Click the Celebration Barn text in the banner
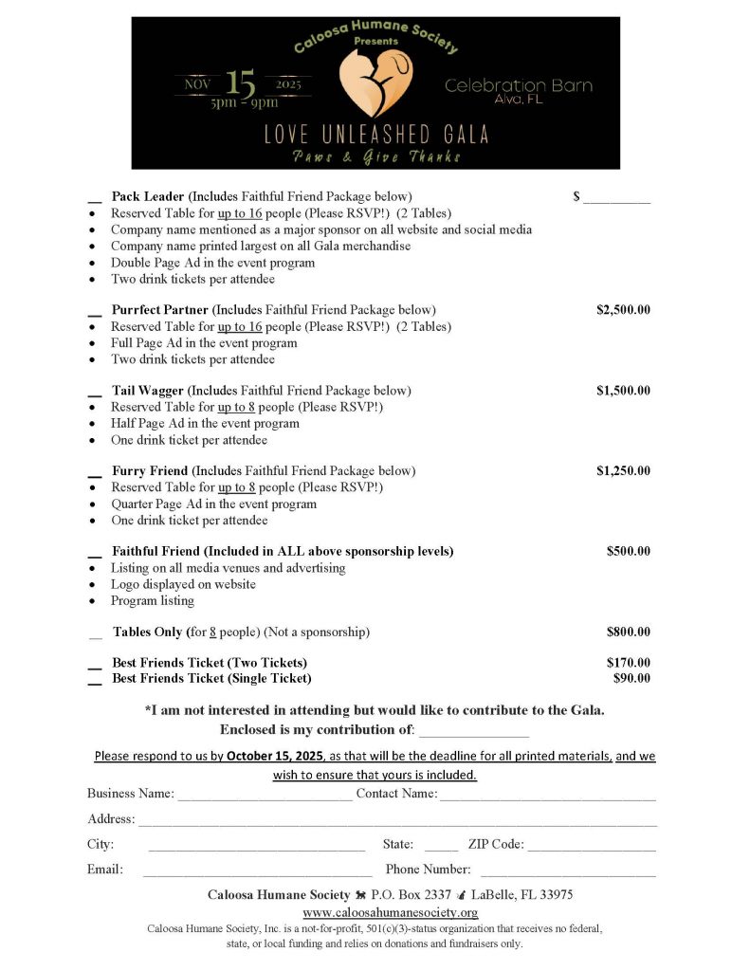(x=519, y=86)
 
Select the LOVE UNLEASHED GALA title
(x=376, y=134)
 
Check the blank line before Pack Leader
(x=95, y=199)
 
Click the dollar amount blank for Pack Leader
(x=616, y=199)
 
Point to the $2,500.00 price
(x=623, y=310)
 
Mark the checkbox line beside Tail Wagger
(x=95, y=393)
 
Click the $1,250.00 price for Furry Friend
(x=623, y=470)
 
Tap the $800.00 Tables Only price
(x=628, y=632)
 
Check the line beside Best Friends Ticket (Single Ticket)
(x=95, y=681)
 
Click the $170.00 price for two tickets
(x=628, y=662)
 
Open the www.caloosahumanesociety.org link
(x=390, y=912)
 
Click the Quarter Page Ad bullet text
(x=213, y=504)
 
